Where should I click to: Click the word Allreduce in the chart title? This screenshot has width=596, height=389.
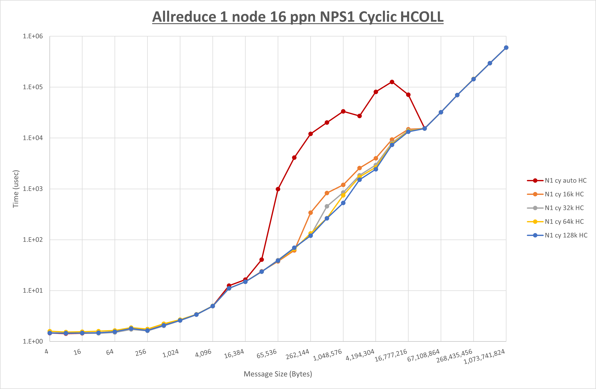[x=184, y=17]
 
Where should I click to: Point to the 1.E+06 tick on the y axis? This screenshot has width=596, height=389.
[x=33, y=36]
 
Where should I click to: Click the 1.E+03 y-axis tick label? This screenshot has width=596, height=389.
[x=33, y=189]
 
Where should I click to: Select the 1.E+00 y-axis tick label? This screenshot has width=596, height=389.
[x=33, y=342]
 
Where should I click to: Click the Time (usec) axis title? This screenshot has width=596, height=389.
[x=16, y=189]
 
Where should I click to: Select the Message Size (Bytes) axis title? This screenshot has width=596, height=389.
[x=278, y=374]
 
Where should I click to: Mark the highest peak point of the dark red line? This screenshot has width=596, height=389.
[x=392, y=82]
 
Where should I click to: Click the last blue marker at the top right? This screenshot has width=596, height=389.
[x=506, y=47]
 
